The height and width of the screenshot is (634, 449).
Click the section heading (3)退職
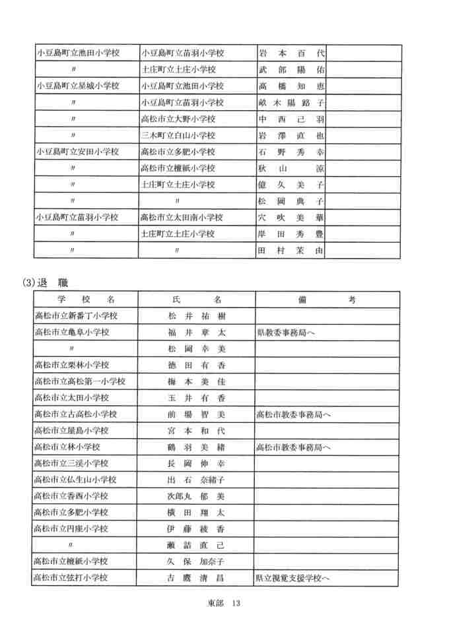click(46, 282)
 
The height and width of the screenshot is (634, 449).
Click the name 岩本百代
click(291, 53)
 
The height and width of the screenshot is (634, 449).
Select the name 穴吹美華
click(291, 218)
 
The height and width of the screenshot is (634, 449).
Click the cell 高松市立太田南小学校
click(182, 218)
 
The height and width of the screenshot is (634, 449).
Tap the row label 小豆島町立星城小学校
click(78, 86)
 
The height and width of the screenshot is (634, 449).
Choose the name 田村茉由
click(291, 251)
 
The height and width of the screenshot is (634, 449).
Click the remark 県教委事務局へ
click(286, 333)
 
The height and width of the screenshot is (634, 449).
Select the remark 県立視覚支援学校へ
click(293, 578)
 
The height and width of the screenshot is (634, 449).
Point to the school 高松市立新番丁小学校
click(76, 316)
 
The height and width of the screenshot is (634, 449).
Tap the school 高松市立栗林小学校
click(72, 365)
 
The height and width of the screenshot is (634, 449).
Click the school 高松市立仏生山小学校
click(76, 480)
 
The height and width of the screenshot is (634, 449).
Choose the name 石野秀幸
click(291, 152)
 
